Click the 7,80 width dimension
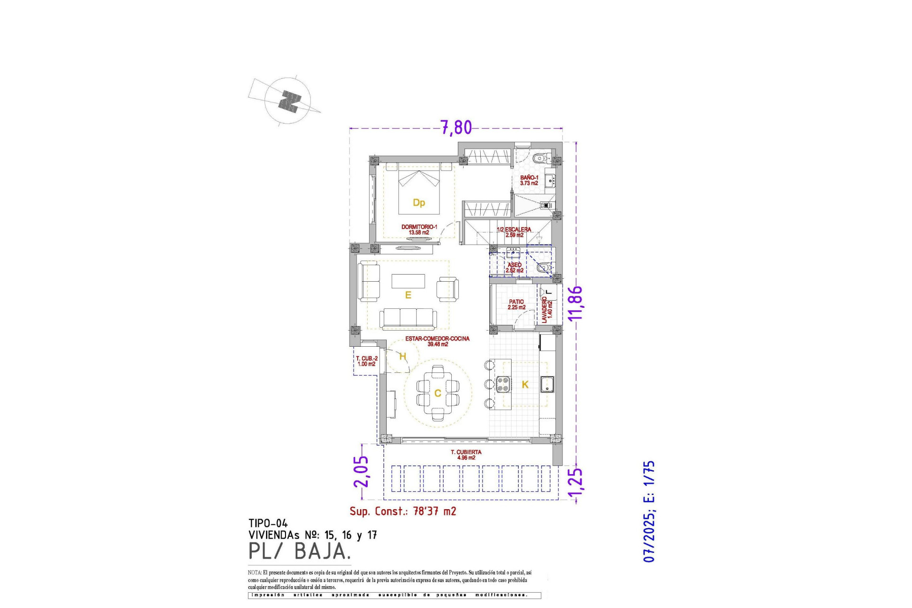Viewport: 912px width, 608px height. [456, 127]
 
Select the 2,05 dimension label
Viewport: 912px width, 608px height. [361, 471]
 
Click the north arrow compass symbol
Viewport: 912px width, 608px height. [289, 101]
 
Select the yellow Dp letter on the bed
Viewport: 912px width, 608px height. [418, 203]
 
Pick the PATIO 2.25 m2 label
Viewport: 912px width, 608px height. [516, 304]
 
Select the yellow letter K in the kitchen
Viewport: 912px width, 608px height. [525, 385]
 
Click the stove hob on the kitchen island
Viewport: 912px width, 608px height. [503, 384]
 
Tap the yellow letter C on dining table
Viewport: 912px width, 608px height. [437, 393]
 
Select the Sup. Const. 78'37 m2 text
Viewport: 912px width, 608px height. [403, 512]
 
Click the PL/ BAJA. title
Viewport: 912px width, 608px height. [299, 551]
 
